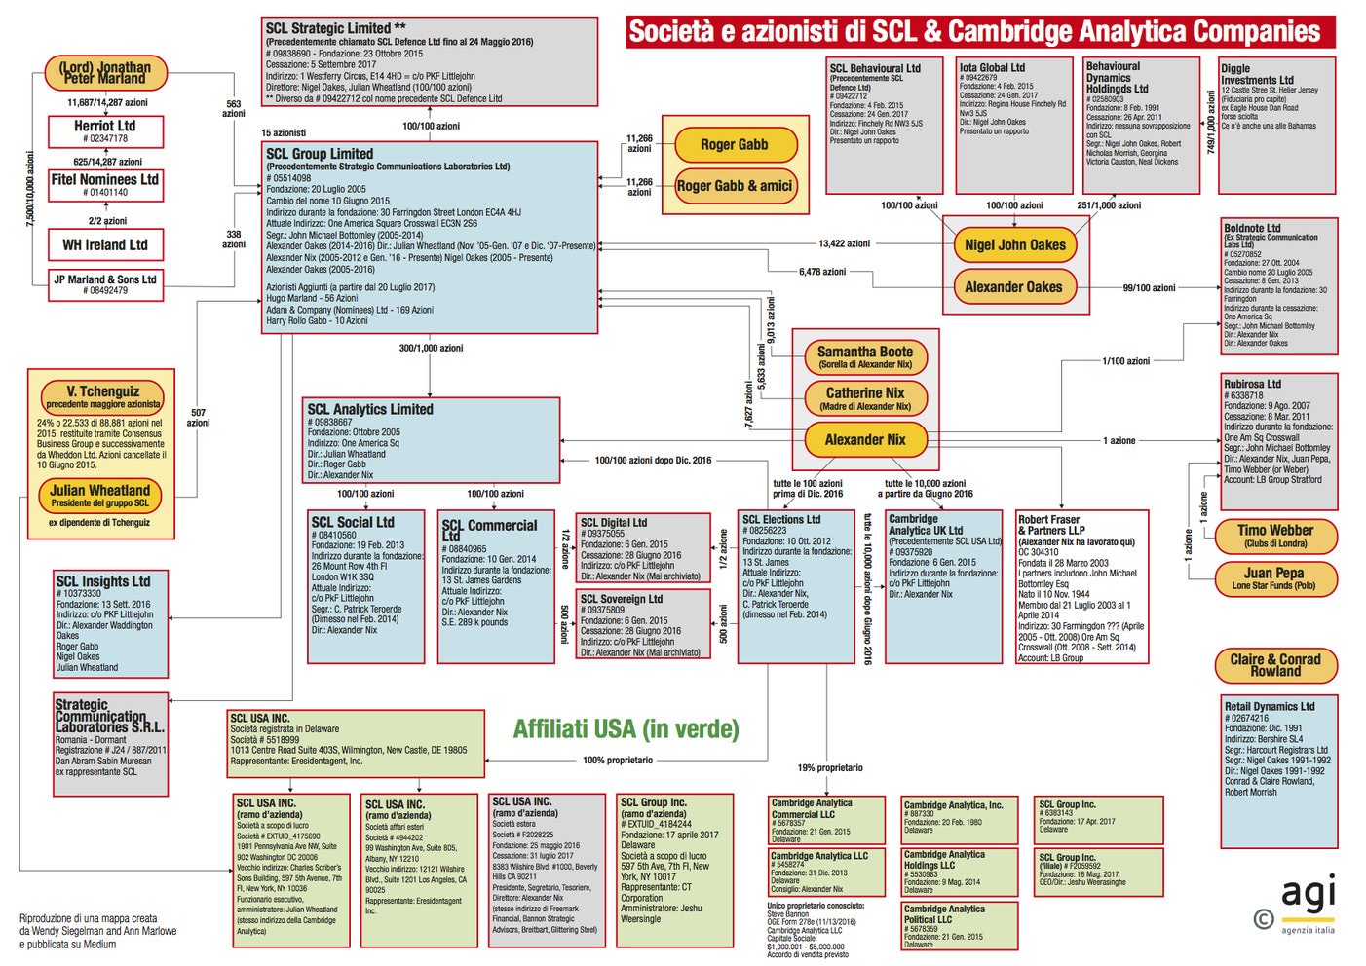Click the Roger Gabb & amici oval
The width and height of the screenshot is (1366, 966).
(x=735, y=186)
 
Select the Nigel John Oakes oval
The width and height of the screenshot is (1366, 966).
(x=1014, y=245)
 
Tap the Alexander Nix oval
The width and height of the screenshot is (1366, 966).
(x=865, y=440)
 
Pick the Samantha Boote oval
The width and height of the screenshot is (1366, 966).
(x=865, y=356)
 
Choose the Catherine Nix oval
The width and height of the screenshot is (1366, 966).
(x=865, y=397)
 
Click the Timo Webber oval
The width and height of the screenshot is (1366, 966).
(x=1275, y=535)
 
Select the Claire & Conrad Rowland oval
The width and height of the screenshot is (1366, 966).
(x=1275, y=665)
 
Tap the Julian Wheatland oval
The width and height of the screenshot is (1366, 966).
(x=100, y=495)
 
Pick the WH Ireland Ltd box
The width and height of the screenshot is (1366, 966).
(x=105, y=244)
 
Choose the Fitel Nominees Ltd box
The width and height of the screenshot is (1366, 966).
(x=105, y=184)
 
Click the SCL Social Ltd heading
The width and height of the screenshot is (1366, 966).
(x=353, y=522)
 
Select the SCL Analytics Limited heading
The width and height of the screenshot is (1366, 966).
(x=370, y=410)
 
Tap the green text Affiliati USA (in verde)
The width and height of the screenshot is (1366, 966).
(x=626, y=729)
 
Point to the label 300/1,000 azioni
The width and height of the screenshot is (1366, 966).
(x=431, y=348)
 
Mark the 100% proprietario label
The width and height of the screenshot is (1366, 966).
(x=618, y=760)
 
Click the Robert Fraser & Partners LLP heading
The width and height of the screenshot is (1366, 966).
(x=1049, y=525)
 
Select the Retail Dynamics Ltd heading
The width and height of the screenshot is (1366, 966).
(x=1270, y=706)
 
